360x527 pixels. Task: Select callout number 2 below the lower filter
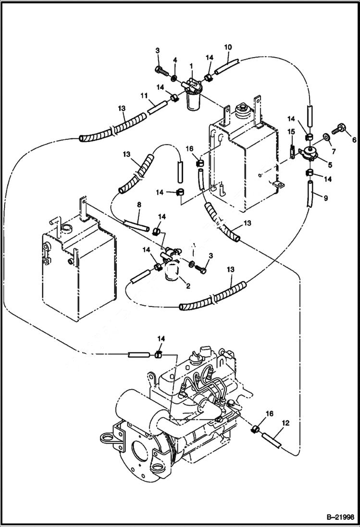(188, 286)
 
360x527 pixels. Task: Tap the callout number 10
(228, 47)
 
